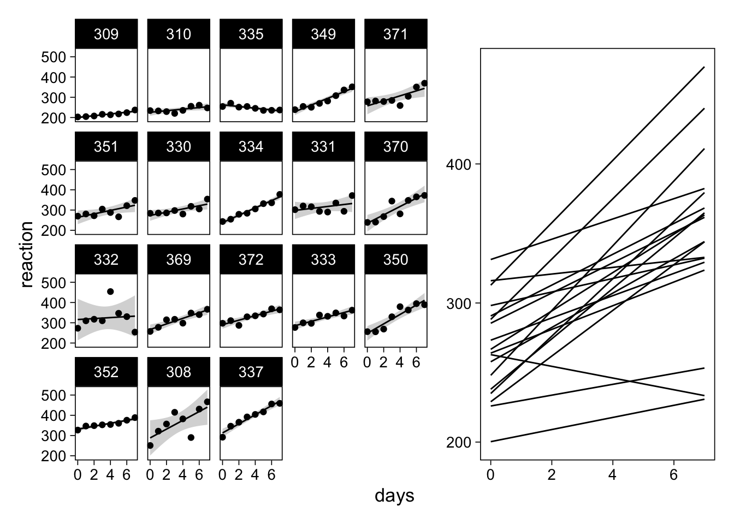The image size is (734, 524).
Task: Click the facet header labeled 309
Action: (x=106, y=34)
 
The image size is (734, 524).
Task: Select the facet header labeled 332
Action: (x=106, y=259)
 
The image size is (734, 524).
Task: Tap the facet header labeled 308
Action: (x=179, y=372)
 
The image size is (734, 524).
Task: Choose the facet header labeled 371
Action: (x=395, y=34)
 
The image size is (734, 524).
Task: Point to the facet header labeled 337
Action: (x=251, y=372)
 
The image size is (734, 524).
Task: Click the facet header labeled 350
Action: (x=395, y=259)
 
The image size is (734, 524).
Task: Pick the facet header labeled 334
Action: (x=251, y=147)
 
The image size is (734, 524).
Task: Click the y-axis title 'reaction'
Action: (x=27, y=254)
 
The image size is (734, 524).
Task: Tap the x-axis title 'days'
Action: (x=394, y=496)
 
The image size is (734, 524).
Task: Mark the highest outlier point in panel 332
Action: (x=110, y=291)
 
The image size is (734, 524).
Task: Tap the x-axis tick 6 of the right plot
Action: (x=673, y=475)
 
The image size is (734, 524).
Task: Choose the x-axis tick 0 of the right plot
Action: (x=490, y=475)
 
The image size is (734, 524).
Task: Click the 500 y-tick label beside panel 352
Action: (x=54, y=395)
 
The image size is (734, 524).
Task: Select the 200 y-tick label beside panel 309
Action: (x=54, y=118)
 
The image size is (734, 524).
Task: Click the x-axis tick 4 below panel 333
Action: (x=327, y=361)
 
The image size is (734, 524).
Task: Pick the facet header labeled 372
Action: (x=251, y=259)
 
